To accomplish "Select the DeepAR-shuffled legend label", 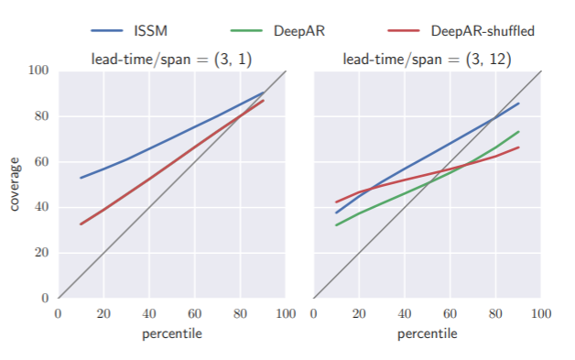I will point(483,30).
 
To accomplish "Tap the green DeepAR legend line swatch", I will point(245,30).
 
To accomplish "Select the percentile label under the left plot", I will point(171,333).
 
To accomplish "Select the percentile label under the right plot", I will point(427,333).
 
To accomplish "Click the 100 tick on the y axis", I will point(38,71).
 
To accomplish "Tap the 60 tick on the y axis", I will point(41,162).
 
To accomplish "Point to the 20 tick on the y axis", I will point(41,253).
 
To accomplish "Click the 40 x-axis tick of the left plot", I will point(149,313).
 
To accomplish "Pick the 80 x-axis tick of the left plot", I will point(240,313).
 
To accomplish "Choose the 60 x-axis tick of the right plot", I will point(450,313).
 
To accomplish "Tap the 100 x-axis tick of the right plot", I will point(541,313).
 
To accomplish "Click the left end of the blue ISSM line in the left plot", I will point(81,178).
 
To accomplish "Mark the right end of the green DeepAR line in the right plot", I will point(519,131).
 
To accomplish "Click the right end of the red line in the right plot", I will point(519,147).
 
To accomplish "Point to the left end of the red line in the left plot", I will point(81,224).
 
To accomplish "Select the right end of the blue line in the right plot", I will point(519,103).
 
